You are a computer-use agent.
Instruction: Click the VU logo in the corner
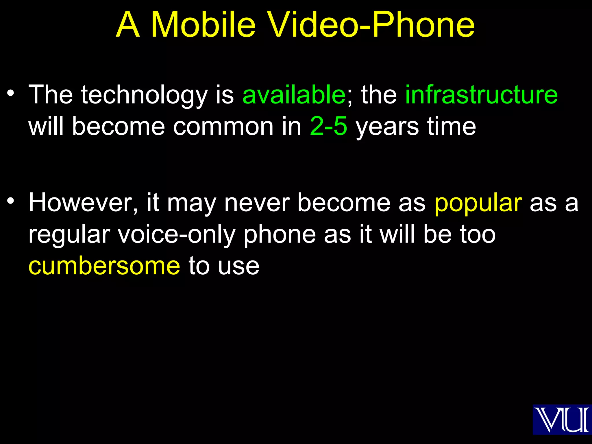pos(562,419)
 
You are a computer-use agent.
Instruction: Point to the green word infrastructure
pos(481,95)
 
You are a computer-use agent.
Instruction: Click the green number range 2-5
pos(328,126)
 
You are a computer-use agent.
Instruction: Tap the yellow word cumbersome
pos(104,266)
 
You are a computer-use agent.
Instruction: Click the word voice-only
pos(177,235)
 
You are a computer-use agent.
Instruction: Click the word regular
pos(69,235)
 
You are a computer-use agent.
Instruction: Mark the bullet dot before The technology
pos(11,93)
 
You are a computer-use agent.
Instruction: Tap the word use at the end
pos(238,266)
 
